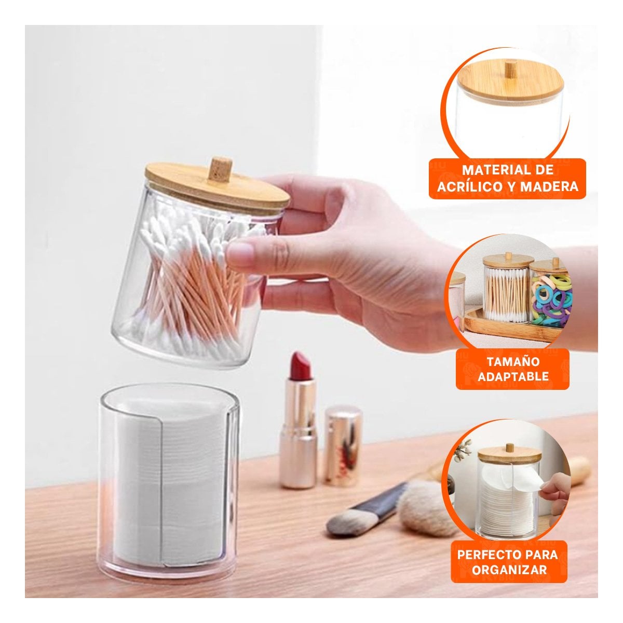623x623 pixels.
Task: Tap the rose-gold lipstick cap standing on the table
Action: coord(343,448)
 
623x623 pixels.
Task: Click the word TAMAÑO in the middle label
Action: coord(513,361)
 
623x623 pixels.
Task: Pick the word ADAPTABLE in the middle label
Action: coord(513,376)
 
